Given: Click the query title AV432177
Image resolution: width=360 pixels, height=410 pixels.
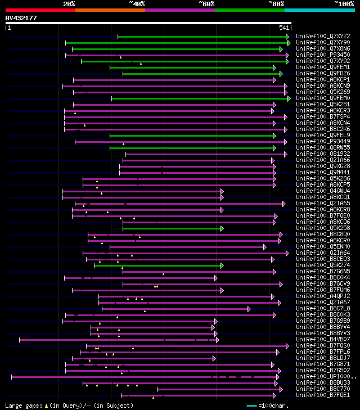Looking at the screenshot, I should pos(21,18).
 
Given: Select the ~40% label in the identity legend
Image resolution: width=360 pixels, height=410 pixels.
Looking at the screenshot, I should pos(137,4).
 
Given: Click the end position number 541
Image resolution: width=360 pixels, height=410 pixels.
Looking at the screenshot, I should pos(284,28).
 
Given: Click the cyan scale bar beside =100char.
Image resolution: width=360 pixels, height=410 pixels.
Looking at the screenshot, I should pos(251,405).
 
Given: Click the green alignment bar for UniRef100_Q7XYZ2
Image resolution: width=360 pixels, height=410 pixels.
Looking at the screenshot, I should pos(202,37).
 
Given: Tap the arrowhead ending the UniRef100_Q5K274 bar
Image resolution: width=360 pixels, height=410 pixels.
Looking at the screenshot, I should pos(222,265).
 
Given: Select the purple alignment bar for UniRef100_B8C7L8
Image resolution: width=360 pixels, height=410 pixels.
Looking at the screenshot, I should pos(174,308).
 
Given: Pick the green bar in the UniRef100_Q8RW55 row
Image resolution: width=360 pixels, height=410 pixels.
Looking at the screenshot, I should pos(191,148).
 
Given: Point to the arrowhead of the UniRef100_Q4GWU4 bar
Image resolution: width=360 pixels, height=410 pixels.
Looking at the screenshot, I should pos(222,191).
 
